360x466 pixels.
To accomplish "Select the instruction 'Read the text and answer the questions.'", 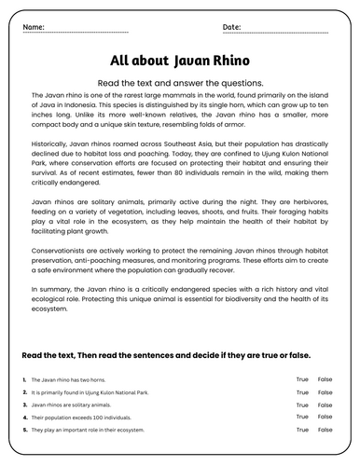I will coord(180,82).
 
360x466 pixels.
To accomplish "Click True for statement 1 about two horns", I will coord(302,380).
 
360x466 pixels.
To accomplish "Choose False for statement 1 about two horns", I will coord(325,380).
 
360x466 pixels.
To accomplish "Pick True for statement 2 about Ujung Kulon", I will coord(302,392).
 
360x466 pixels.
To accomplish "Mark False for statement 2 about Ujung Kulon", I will coord(325,392).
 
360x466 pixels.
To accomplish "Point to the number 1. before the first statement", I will coord(22,380).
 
